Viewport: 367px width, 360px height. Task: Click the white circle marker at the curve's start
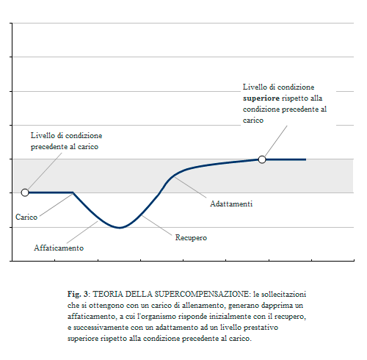coord(25,192)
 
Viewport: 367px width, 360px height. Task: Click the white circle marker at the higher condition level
coord(262,159)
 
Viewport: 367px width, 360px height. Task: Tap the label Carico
coord(26,217)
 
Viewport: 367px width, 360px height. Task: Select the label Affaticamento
coord(59,248)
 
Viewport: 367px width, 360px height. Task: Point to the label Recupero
coord(191,237)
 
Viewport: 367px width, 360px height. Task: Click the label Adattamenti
coord(231,204)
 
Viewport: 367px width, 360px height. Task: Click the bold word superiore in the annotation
coord(261,98)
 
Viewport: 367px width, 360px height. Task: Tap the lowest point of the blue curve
coord(120,228)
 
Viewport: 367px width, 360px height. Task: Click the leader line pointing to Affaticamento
coord(82,232)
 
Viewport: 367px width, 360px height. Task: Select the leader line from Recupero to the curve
coord(156,226)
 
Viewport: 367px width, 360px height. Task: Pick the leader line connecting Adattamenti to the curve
coord(190,187)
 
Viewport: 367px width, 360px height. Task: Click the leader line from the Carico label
coord(57,205)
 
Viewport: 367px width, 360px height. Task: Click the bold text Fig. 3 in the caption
coord(78,294)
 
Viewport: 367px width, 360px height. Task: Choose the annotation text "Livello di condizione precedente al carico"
coord(66,141)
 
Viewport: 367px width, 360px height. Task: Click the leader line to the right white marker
coord(276,141)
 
